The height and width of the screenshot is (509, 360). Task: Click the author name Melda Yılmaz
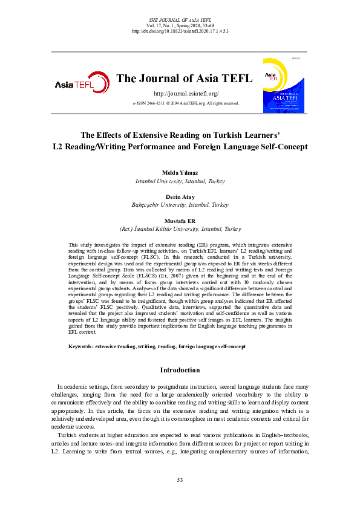coord(180,173)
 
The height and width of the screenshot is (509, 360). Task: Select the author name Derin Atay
coord(180,198)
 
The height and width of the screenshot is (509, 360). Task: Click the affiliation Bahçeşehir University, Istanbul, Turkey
coord(180,205)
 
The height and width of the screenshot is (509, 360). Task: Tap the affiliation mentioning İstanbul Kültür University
coord(180,229)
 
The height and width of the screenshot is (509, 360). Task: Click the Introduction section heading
coord(180,370)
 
